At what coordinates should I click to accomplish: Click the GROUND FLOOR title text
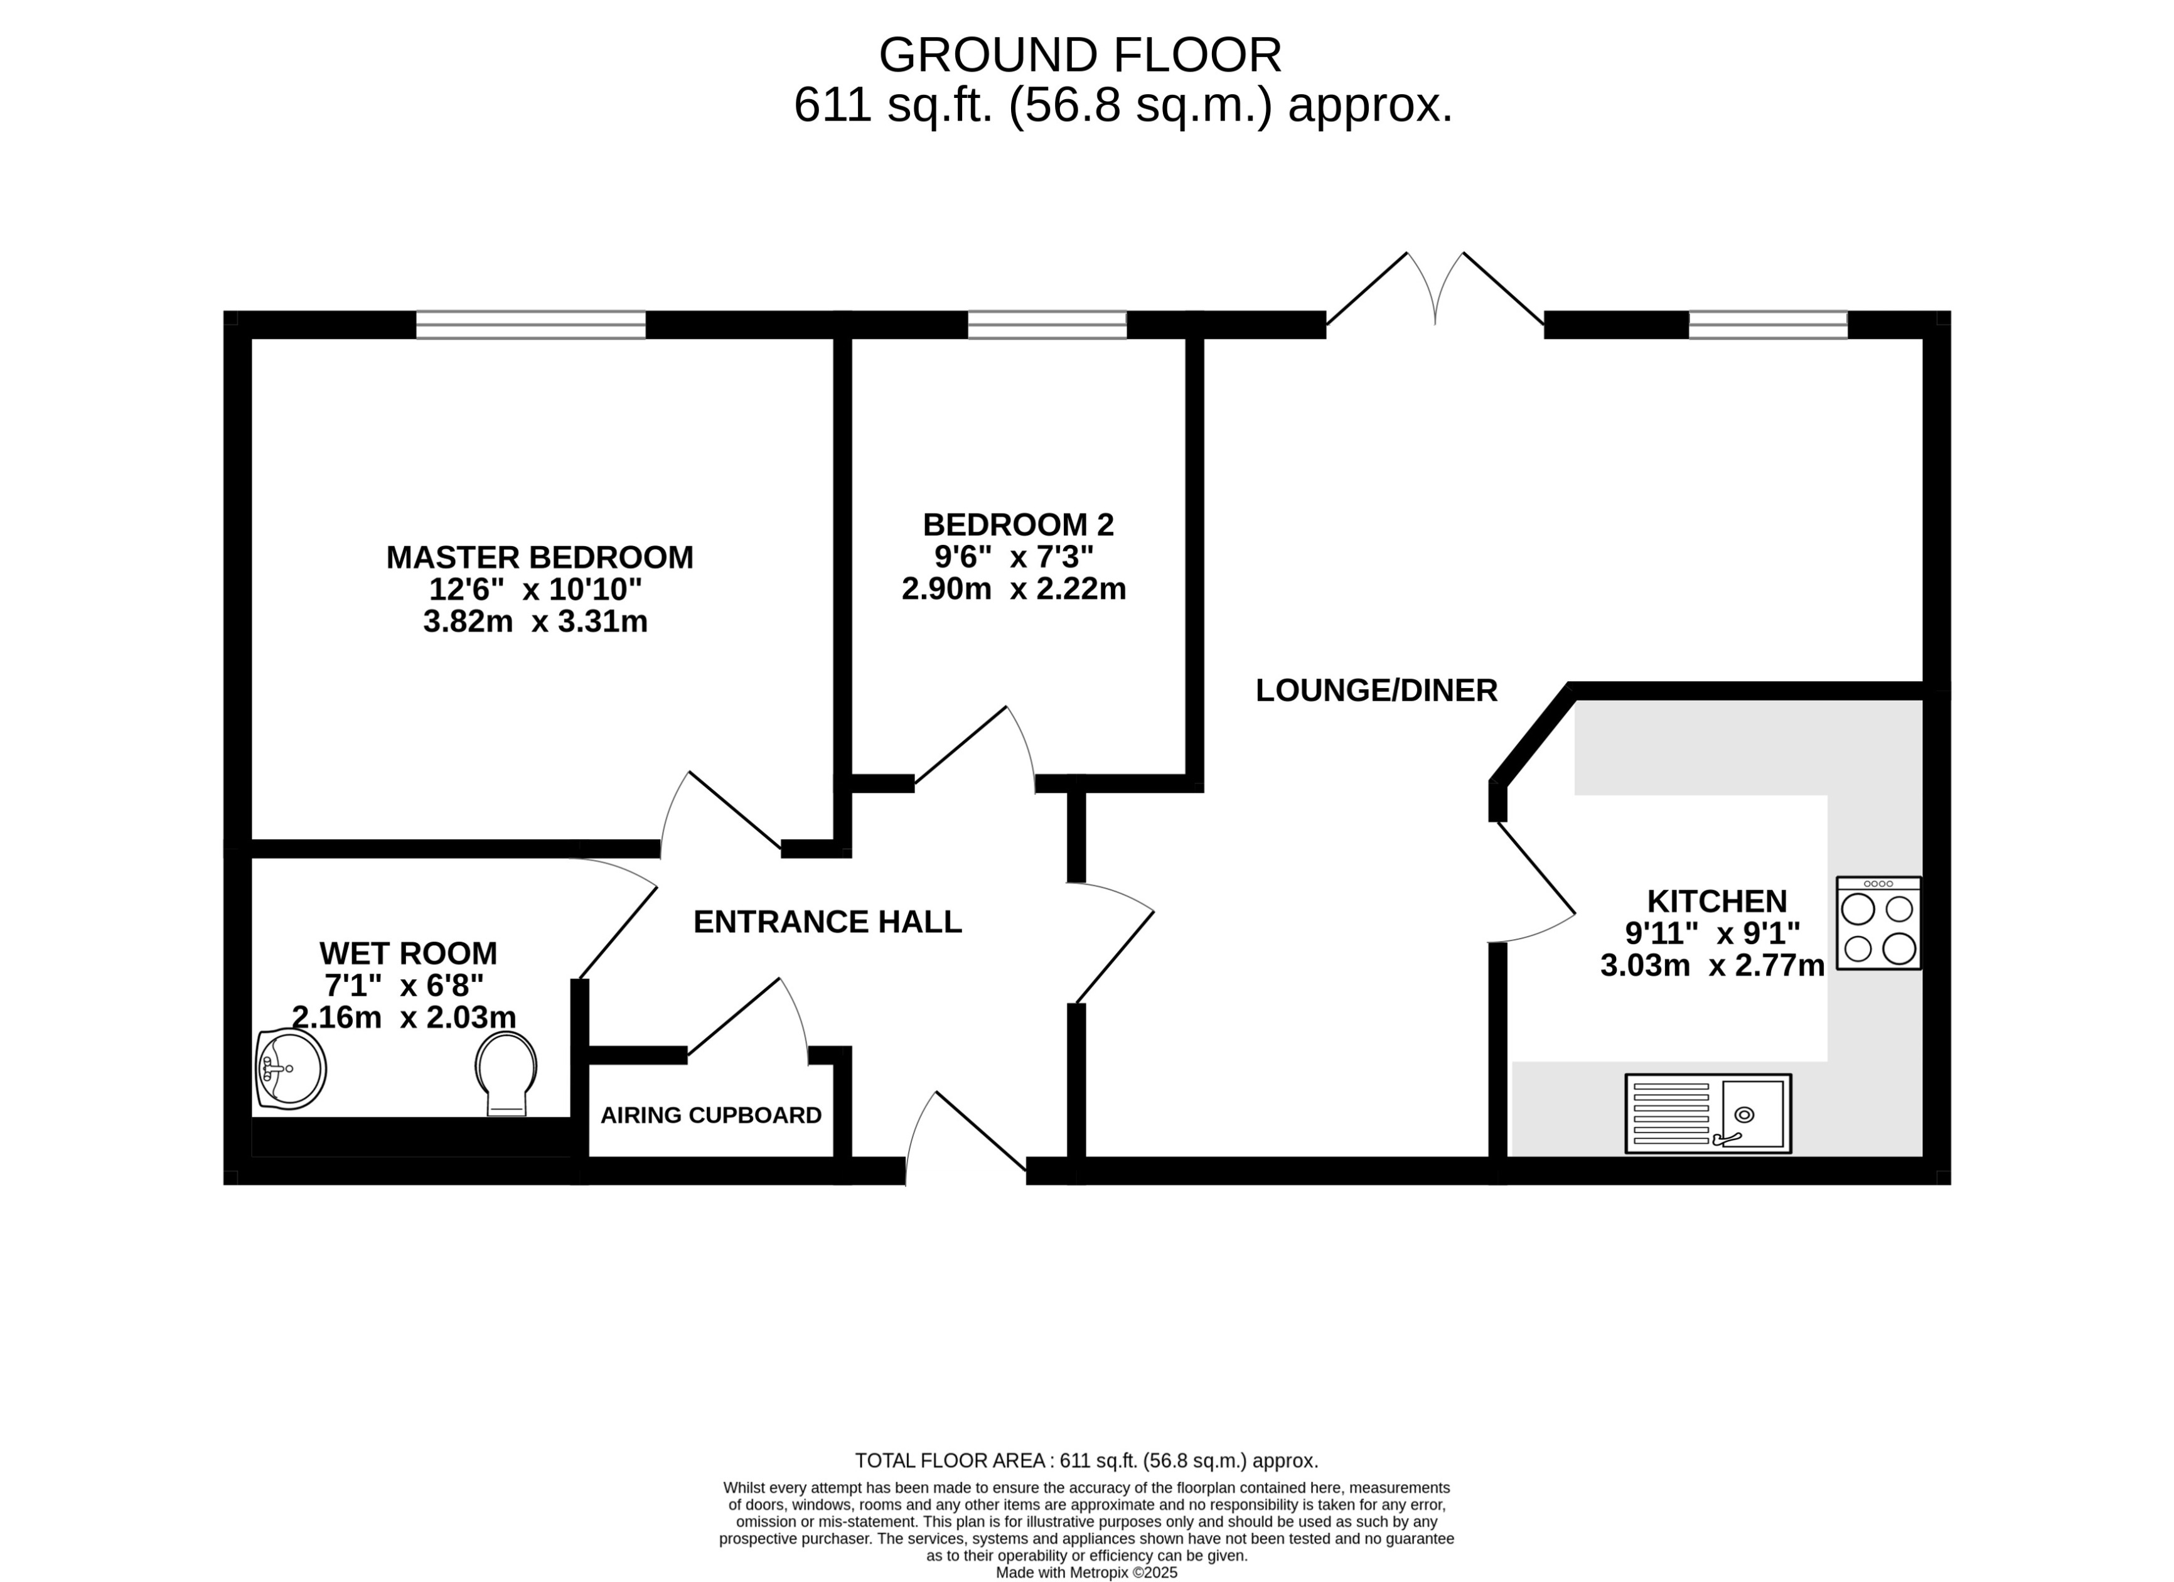pyautogui.click(x=1079, y=56)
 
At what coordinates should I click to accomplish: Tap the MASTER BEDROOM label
pyautogui.click(x=540, y=557)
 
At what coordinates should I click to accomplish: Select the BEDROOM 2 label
pyautogui.click(x=1018, y=524)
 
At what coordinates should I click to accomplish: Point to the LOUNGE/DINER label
pyautogui.click(x=1376, y=691)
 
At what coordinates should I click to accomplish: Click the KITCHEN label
pyautogui.click(x=1716, y=901)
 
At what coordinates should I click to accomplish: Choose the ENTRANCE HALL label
pyautogui.click(x=827, y=922)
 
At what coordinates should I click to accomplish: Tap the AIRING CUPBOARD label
pyautogui.click(x=710, y=1115)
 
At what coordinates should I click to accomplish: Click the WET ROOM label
pyautogui.click(x=409, y=953)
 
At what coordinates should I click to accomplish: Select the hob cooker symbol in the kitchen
pyautogui.click(x=1878, y=923)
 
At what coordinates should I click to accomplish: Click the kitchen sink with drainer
pyautogui.click(x=1707, y=1113)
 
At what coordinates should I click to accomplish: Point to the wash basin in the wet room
pyautogui.click(x=291, y=1069)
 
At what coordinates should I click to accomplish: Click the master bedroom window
pyautogui.click(x=531, y=325)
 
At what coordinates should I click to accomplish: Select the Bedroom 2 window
pyautogui.click(x=1047, y=325)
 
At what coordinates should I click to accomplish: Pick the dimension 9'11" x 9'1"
pyautogui.click(x=1712, y=933)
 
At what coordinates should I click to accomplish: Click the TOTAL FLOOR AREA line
pyautogui.click(x=1086, y=1461)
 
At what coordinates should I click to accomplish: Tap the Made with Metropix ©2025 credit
pyautogui.click(x=1086, y=1573)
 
